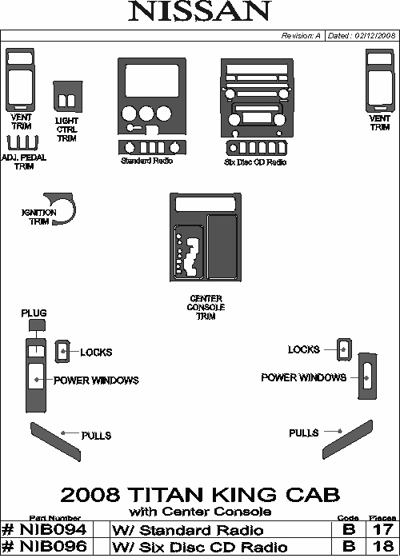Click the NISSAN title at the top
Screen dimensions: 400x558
[x=200, y=11]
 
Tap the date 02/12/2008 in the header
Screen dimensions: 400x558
[x=375, y=36]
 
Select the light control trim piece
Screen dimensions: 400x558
[x=68, y=97]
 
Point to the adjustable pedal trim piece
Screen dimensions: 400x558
[x=22, y=143]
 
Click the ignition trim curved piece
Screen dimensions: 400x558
[x=72, y=210]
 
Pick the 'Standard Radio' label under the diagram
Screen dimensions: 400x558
[x=146, y=161]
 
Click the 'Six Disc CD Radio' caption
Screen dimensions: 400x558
[x=255, y=162]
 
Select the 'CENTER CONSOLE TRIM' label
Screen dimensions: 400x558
[x=206, y=307]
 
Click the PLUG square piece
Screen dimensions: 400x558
[x=37, y=325]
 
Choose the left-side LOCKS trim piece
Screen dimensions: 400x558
[x=62, y=352]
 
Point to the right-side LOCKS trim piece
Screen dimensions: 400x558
[x=344, y=349]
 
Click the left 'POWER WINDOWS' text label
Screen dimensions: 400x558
[x=96, y=381]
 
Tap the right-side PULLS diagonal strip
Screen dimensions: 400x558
[x=348, y=440]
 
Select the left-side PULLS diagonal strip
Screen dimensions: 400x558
[x=55, y=442]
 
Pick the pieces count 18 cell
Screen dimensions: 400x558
[x=382, y=546]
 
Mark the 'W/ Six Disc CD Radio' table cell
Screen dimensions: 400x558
[x=200, y=547]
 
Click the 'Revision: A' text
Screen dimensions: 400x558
[x=301, y=36]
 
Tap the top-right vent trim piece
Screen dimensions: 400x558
[x=380, y=81]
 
